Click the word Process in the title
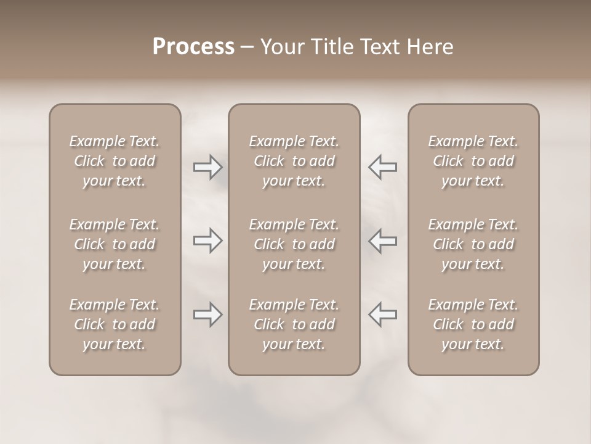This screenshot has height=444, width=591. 193,47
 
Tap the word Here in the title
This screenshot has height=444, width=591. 428,47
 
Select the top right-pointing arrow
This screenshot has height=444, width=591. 207,167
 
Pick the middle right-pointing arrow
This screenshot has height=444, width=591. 207,240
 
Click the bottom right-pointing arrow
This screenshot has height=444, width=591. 207,314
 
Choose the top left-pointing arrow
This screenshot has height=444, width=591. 382,167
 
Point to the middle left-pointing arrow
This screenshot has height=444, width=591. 382,240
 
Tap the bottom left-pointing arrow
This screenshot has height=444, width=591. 382,314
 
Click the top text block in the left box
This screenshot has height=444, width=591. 115,161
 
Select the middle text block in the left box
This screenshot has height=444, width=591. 115,244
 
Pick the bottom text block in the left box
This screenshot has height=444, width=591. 115,324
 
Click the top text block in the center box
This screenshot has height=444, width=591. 294,161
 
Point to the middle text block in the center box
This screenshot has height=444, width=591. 294,244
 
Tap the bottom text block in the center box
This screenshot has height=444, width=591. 294,324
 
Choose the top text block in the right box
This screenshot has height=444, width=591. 473,161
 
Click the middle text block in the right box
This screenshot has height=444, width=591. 473,244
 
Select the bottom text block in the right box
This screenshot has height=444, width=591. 473,324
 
